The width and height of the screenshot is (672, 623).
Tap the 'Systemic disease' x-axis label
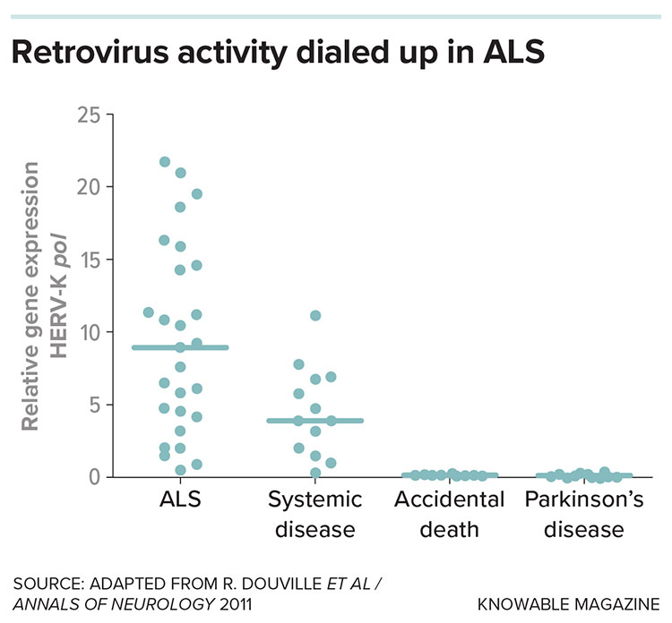click(314, 514)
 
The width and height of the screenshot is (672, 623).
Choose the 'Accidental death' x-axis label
click(449, 514)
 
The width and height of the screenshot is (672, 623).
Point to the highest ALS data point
click(165, 162)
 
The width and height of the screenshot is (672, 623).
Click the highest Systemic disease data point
click(314, 315)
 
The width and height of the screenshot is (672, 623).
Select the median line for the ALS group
click(180, 347)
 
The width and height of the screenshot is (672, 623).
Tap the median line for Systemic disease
click(314, 420)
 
